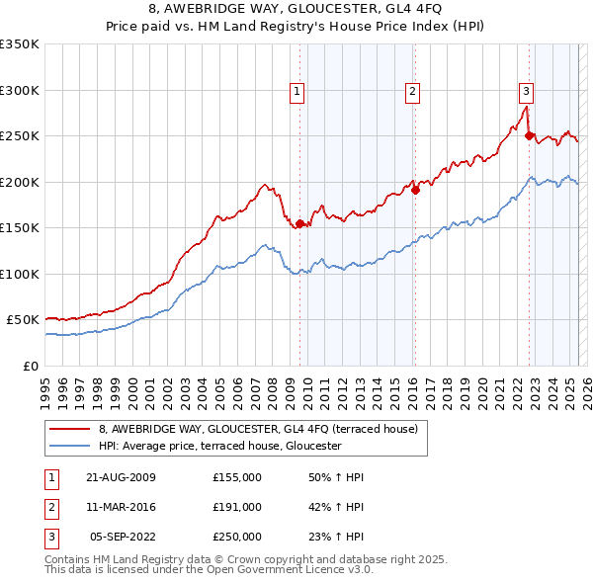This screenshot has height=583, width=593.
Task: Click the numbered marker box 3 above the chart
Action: pos(527,92)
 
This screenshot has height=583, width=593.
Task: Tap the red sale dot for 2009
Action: pos(299,223)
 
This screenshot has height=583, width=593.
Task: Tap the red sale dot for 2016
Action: pos(415,191)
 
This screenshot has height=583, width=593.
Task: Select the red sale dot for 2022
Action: pos(530,136)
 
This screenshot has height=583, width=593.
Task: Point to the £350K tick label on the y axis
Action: pos(20,44)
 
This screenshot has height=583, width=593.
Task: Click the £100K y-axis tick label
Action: pos(20,274)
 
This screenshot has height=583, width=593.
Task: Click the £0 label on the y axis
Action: pos(30,366)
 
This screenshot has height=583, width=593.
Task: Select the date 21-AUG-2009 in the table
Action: pos(121,476)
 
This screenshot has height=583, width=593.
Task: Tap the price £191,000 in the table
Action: pos(237,507)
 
